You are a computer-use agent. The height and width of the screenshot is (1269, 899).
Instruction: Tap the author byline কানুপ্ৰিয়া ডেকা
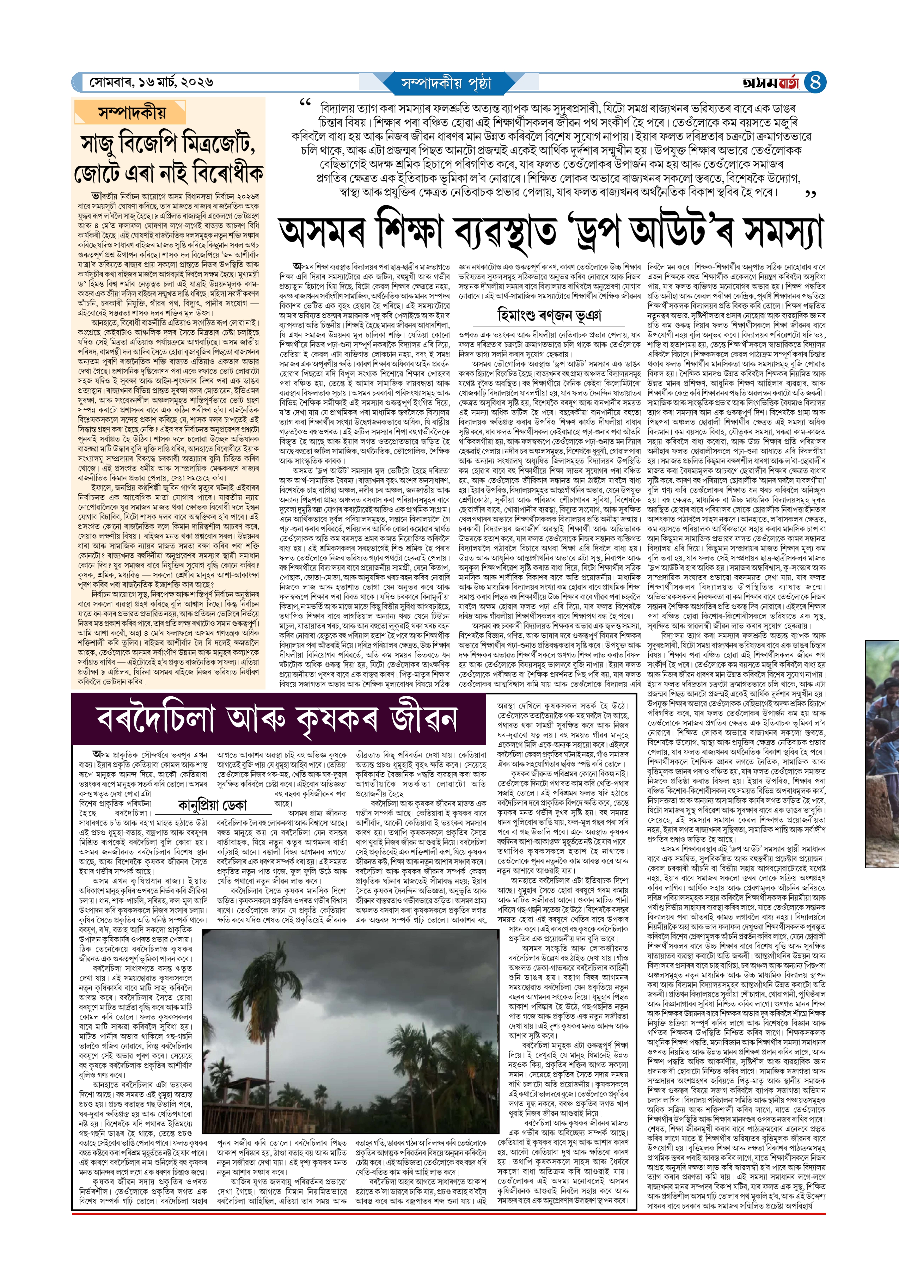[212, 805]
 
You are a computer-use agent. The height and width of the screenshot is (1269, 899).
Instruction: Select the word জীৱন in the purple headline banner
[423, 719]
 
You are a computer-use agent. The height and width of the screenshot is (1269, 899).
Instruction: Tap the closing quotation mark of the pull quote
[811, 194]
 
